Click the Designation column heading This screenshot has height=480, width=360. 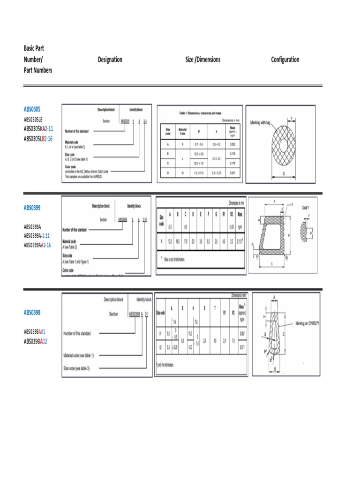(110, 60)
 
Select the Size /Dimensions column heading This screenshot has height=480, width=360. (202, 60)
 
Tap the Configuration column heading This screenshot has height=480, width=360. (285, 60)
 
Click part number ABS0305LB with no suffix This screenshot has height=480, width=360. (33, 120)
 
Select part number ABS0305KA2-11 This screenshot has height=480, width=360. (38, 128)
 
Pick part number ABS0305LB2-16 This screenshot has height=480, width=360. (38, 138)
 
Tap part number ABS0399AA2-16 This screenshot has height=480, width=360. (37, 245)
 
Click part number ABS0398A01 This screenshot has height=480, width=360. (35, 332)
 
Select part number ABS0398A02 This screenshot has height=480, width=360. (35, 341)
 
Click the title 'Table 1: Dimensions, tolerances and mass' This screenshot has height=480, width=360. (200, 113)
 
